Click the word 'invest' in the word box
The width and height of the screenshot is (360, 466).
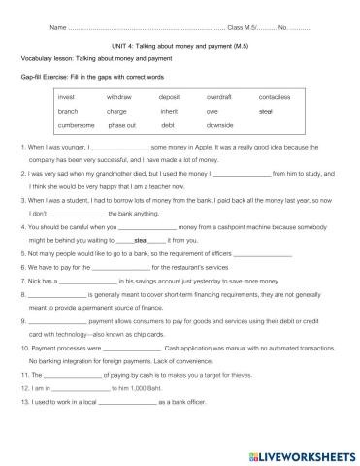(x=67, y=98)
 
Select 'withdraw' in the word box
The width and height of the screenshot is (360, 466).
(x=118, y=98)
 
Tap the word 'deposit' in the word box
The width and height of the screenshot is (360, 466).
(x=169, y=98)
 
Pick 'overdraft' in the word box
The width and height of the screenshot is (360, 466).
(x=219, y=98)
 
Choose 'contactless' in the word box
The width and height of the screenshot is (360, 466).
(x=275, y=98)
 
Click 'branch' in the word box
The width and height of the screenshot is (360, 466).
(x=68, y=112)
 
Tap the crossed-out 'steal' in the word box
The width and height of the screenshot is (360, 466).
(x=266, y=112)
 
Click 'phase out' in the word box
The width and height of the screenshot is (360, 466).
(x=122, y=125)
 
